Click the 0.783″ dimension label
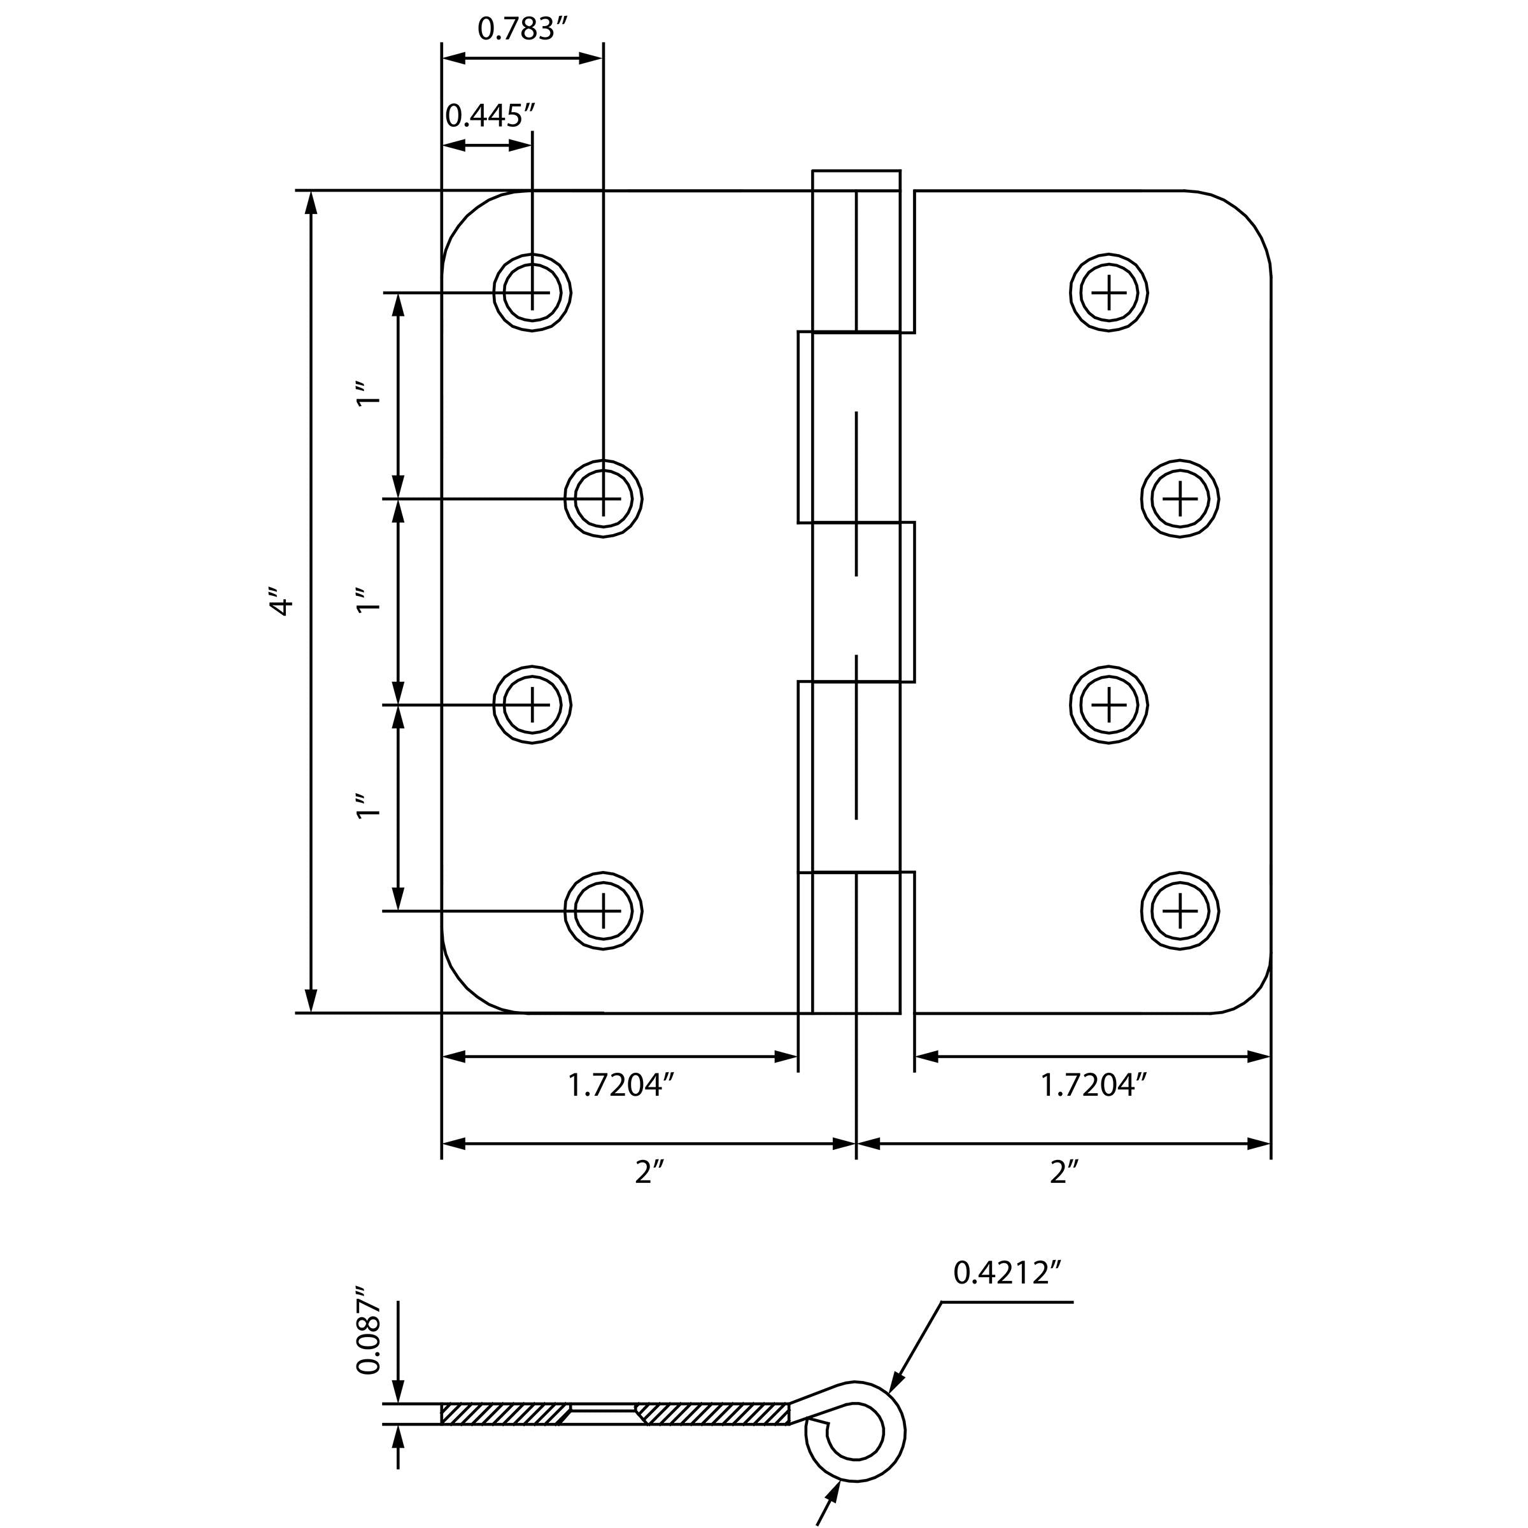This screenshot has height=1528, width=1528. coord(523,29)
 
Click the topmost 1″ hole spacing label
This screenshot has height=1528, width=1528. coord(369,395)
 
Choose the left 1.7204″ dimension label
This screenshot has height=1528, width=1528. coord(620,1085)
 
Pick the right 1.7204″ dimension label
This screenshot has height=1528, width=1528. coord(1093,1085)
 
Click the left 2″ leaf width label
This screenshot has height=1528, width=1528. coord(647,1172)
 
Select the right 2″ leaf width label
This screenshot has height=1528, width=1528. coord(1063,1172)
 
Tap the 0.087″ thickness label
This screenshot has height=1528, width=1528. coord(369,1330)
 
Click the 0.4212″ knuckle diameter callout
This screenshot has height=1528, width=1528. coord(1005,1273)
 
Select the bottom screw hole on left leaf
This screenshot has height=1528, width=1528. coord(604,911)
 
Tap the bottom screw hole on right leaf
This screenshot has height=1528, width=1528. coord(1180,911)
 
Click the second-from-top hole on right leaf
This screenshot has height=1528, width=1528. coord(1180,499)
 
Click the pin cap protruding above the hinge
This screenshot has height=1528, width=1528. coord(856,180)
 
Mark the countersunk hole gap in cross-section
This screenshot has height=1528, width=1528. coord(603,1415)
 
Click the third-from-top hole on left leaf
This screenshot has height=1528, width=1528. coord(532,704)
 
